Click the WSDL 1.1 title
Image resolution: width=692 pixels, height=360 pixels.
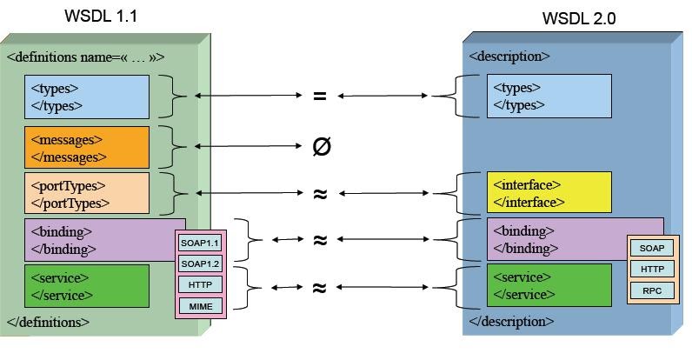101,16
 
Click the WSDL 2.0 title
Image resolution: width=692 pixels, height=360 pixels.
578,18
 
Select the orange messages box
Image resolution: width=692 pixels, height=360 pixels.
86,148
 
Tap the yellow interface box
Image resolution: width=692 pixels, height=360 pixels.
549,193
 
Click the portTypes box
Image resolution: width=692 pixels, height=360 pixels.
86,194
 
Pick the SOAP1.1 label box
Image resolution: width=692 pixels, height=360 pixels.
200,243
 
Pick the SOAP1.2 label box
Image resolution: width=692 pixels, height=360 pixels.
200,263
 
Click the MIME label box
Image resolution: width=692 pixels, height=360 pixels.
200,305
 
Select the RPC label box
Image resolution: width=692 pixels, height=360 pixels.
652,290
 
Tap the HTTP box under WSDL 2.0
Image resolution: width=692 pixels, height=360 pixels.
652,270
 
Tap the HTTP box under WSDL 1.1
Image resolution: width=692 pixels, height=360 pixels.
200,284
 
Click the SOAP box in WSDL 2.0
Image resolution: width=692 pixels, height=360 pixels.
652,249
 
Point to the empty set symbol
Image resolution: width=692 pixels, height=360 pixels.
321,146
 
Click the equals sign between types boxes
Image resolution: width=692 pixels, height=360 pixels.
320,97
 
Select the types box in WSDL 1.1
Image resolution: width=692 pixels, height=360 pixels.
86,97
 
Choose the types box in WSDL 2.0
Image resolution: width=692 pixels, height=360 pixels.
549,97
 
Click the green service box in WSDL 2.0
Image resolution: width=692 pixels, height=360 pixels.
549,285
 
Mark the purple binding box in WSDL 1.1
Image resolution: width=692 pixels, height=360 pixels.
96,239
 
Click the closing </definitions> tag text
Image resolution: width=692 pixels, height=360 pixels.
48,322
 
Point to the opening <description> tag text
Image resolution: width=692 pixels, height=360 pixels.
509,57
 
